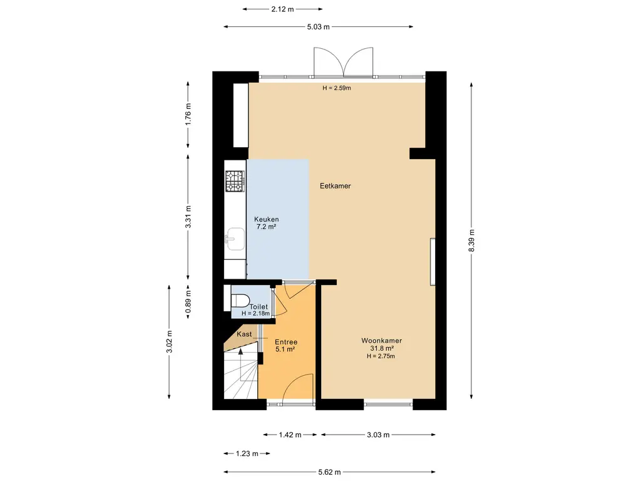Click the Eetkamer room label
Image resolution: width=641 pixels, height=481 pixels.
click(336, 185)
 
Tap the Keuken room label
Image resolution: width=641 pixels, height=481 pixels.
click(267, 219)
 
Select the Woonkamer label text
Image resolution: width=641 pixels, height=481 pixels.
click(381, 340)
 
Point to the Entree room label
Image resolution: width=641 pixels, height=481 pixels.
click(285, 342)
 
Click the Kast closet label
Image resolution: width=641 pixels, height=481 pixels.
click(244, 334)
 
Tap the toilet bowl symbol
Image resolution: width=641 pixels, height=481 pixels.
click(240, 301)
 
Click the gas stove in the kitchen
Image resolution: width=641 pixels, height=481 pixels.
click(235, 181)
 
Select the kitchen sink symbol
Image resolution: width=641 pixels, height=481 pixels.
click(235, 239)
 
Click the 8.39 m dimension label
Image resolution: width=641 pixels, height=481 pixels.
click(471, 240)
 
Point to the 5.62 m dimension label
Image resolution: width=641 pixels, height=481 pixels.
click(329, 472)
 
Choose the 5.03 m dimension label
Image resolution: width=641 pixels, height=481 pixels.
click(318, 27)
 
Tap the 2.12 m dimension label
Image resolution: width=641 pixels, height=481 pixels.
click(282, 9)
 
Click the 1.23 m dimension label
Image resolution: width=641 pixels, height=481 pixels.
click(247, 453)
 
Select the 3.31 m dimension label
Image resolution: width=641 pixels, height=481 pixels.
click(188, 217)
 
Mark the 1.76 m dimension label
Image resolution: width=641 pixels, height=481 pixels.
click(188, 115)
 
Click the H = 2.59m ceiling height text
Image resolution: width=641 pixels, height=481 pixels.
click(336, 88)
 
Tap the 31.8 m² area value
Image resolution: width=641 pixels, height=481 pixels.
click(382, 348)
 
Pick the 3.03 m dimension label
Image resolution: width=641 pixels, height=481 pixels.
click(378, 435)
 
